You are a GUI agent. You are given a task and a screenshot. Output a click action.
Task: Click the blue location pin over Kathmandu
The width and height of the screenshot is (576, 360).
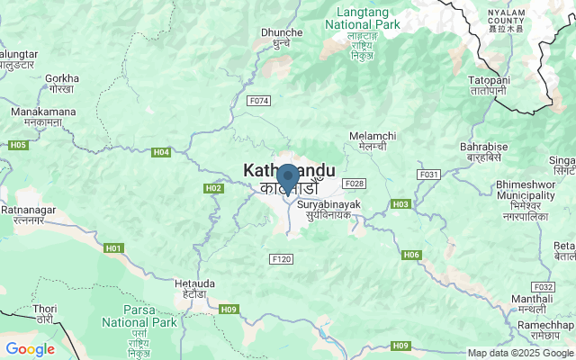pyautogui.click(x=287, y=177)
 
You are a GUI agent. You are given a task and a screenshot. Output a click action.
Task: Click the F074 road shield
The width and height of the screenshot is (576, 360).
pyautogui.click(x=259, y=102)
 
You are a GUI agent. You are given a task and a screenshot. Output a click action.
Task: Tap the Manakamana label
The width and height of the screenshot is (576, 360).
pyautogui.click(x=41, y=115)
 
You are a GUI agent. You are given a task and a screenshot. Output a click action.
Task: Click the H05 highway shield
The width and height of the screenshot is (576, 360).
pyautogui.click(x=17, y=144)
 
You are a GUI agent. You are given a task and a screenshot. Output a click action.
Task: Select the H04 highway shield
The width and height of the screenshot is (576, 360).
pyautogui.click(x=161, y=152)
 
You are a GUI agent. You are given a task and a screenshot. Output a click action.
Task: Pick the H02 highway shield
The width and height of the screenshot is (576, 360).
pyautogui.click(x=213, y=188)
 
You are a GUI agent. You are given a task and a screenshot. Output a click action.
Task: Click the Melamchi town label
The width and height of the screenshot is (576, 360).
pyautogui.click(x=372, y=140)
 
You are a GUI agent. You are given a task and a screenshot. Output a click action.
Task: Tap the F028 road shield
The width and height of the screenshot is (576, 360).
pyautogui.click(x=354, y=183)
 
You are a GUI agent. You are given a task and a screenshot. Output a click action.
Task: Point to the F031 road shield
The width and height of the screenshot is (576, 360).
pyautogui.click(x=428, y=174)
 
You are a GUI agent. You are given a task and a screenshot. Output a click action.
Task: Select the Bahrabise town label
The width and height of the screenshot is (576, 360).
pyautogui.click(x=483, y=151)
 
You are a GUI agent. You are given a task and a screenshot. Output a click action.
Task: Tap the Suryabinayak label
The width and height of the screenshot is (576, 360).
pyautogui.click(x=328, y=210)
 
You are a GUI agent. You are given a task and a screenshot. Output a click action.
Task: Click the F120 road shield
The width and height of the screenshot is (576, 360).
pyautogui.click(x=282, y=258)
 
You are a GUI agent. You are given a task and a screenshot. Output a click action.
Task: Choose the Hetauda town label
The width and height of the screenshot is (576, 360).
pyautogui.click(x=189, y=287)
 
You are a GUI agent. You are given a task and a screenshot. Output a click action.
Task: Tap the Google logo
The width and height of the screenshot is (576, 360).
pyautogui.click(x=30, y=349)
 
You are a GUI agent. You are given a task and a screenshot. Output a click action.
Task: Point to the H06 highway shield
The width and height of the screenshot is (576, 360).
pyautogui.click(x=411, y=255)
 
